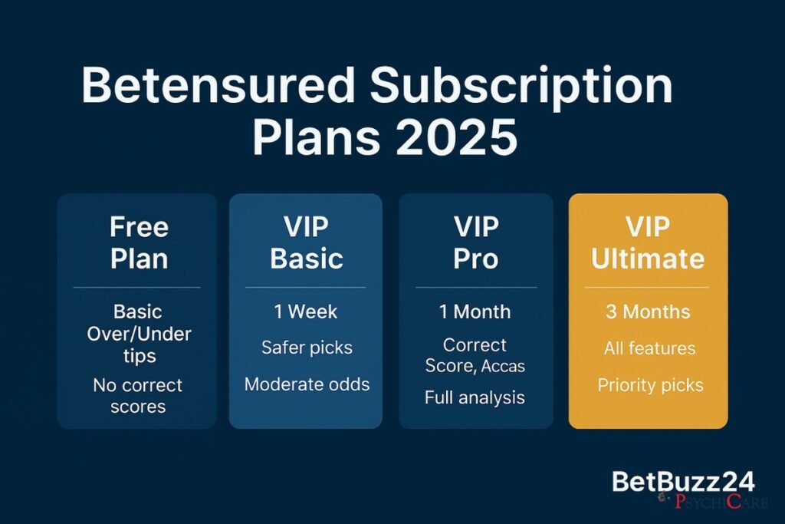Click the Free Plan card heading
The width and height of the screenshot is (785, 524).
click(x=138, y=242)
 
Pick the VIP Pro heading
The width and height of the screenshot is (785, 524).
click(x=476, y=242)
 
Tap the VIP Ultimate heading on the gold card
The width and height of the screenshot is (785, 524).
click(x=648, y=242)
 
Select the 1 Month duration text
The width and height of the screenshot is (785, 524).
click(x=475, y=312)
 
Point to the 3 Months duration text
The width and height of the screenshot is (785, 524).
click(x=649, y=312)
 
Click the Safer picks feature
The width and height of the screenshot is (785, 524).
click(x=306, y=348)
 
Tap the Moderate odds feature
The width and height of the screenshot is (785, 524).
click(x=307, y=384)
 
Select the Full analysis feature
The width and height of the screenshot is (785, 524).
click(x=475, y=397)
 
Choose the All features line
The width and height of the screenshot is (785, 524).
click(x=649, y=348)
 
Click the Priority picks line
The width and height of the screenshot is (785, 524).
click(x=649, y=384)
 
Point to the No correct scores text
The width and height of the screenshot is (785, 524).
click(x=137, y=395)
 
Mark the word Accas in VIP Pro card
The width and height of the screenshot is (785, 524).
click(x=504, y=366)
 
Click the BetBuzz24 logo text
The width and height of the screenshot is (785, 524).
click(x=683, y=482)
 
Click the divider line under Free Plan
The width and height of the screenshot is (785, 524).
click(x=137, y=288)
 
